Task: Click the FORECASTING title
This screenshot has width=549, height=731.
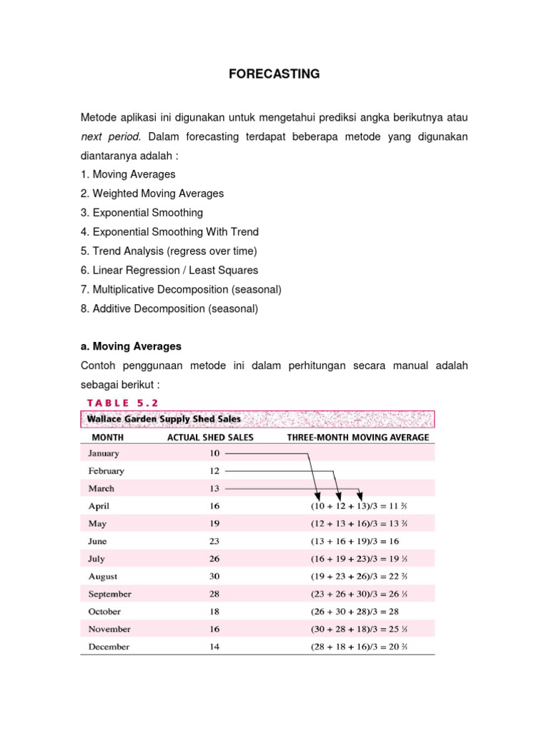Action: click(274, 74)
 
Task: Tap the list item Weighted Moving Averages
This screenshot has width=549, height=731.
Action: click(152, 193)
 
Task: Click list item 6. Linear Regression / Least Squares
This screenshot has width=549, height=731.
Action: click(169, 271)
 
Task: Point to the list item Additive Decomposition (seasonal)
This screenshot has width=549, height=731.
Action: click(169, 309)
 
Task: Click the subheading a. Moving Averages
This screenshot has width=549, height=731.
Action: click(131, 346)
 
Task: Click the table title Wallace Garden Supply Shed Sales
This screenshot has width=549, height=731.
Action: click(164, 419)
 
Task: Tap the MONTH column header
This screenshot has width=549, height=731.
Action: click(107, 437)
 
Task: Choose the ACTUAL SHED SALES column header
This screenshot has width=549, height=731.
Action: click(210, 437)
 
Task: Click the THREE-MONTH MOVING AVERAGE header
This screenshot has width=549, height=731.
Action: click(358, 437)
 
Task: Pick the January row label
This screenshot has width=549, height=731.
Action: click(104, 453)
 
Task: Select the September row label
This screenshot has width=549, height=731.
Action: click(109, 594)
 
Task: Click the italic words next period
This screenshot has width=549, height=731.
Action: click(110, 136)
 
